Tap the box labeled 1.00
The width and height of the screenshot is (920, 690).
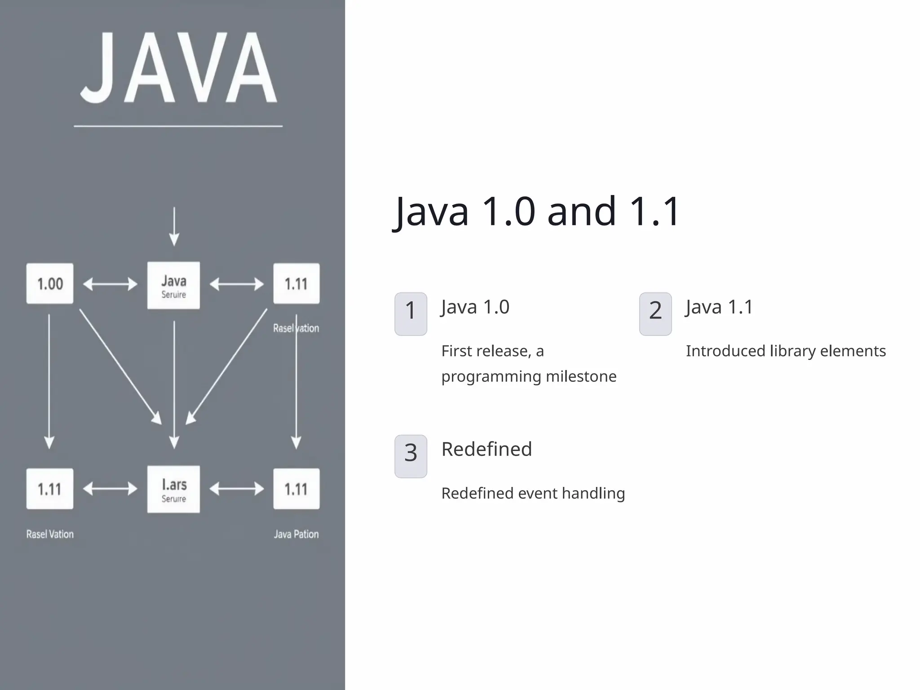point(50,284)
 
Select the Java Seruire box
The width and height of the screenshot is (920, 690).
point(173,286)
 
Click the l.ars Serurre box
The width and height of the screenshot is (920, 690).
point(173,490)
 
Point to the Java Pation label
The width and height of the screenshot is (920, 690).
point(296,534)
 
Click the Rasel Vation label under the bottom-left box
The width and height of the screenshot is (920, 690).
point(50,534)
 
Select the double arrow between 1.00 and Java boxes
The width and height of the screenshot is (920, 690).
point(110,284)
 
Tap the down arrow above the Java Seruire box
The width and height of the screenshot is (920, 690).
point(174,227)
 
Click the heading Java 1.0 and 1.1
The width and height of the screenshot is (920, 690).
point(537,211)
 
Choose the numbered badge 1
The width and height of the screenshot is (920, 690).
point(411,314)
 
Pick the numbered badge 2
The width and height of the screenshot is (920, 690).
point(655,314)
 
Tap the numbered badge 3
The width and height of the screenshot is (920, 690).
point(411,456)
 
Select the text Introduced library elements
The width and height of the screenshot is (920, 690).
point(786,351)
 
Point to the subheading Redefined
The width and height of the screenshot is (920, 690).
point(487,449)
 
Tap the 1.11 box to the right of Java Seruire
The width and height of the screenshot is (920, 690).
point(296,284)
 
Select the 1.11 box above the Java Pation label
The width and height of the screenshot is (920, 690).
point(296,489)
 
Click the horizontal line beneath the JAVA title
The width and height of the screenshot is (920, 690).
point(178,126)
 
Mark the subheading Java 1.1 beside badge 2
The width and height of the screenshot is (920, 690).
point(719,307)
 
